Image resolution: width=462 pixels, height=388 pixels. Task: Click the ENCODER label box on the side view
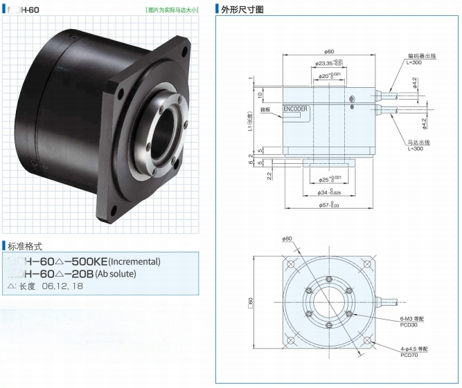click(x=296, y=109)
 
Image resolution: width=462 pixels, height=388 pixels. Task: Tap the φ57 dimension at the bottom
click(x=330, y=205)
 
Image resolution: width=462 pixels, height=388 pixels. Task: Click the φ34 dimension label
click(x=330, y=192)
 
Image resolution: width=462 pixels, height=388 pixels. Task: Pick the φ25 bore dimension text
click(x=330, y=178)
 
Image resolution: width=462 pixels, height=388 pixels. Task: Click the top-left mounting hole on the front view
click(x=292, y=265)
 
